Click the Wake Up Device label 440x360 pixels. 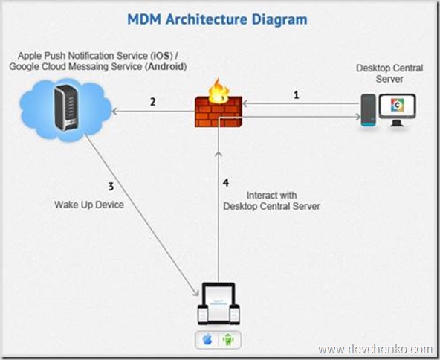(x=88, y=204)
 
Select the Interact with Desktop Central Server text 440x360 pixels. (x=272, y=201)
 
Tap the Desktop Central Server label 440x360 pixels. (x=389, y=74)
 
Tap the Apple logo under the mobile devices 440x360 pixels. (x=208, y=340)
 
